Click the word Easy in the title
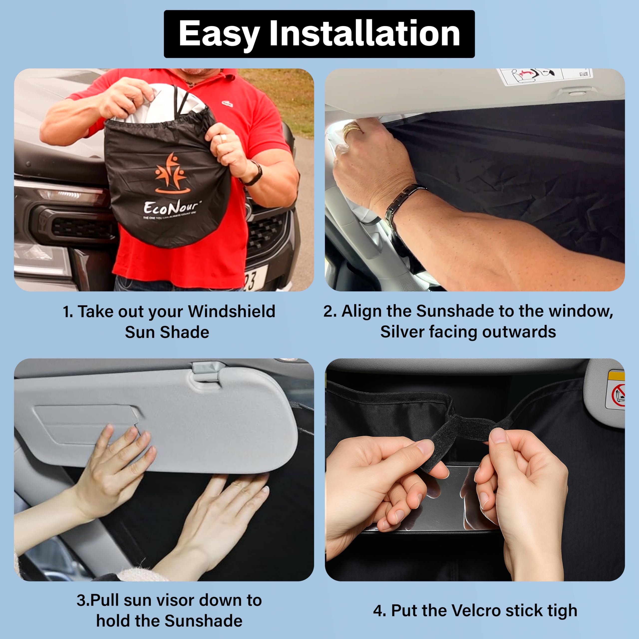(218, 34)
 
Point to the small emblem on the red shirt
(227, 104)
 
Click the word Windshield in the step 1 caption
(232, 311)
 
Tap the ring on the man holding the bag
(224, 138)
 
